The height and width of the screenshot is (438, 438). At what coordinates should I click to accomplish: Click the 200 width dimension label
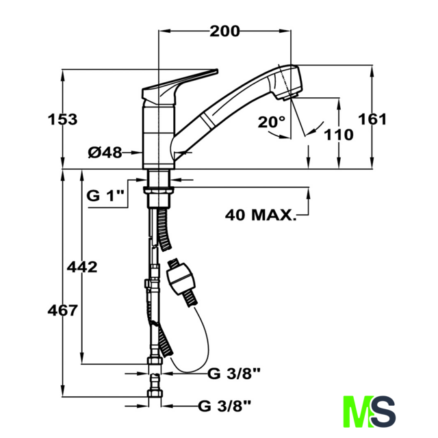point(224,31)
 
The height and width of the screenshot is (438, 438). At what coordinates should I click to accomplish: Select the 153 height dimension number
point(62,120)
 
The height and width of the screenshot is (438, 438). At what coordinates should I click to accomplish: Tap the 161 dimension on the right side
point(372,119)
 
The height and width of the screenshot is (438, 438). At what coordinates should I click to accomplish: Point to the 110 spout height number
point(339,135)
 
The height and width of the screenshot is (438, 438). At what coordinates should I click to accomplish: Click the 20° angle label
point(272,122)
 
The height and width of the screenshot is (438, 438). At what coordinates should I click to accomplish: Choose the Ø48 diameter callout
point(105,153)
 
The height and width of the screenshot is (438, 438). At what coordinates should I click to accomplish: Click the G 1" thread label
point(105,195)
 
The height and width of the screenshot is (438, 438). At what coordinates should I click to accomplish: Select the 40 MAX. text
point(261,215)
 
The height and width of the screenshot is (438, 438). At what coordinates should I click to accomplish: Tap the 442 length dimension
point(82,267)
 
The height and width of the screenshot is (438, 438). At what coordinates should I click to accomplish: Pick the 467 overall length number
point(62,311)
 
